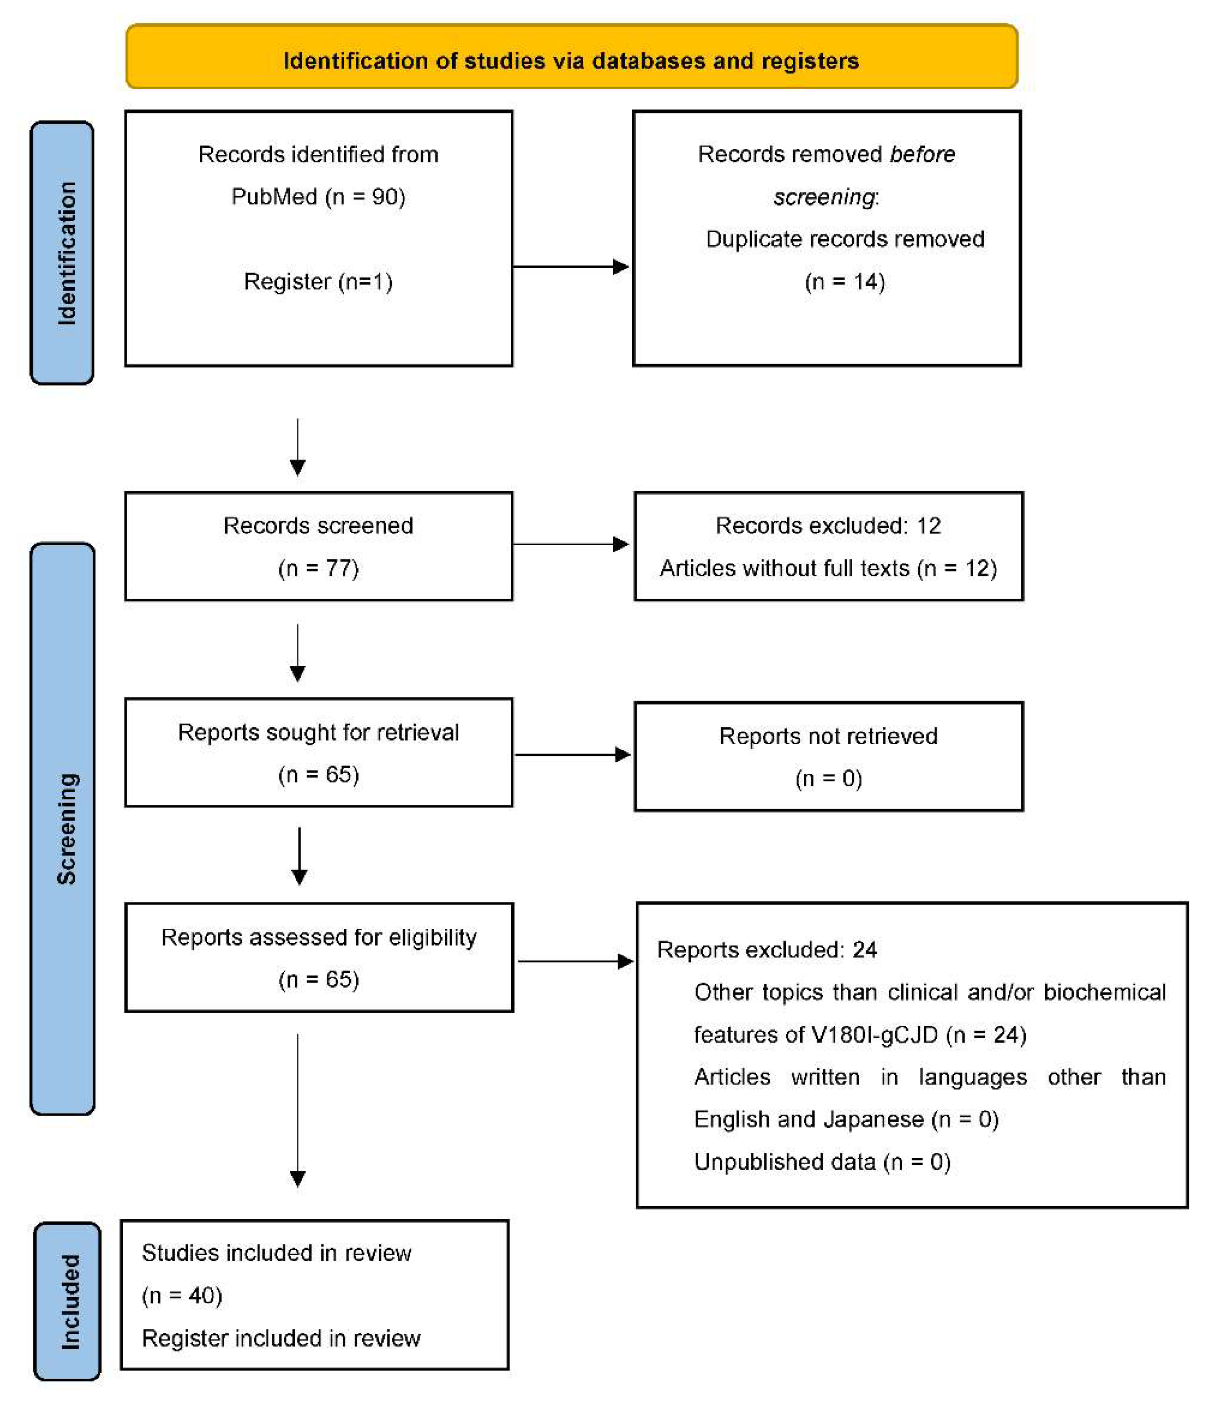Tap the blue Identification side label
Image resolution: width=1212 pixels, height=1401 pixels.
pos(62,253)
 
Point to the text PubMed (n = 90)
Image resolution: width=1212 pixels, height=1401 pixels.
pos(318,197)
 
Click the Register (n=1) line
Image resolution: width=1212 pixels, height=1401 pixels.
pos(318,281)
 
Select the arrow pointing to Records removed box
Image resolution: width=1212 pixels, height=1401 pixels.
pos(571,266)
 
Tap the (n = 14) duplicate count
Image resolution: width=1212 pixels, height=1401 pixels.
pos(845,281)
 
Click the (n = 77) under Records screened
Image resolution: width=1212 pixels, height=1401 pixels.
pos(318,568)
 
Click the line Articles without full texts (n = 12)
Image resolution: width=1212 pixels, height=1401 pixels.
pos(828,568)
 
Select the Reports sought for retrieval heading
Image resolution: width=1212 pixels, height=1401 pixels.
pos(318,732)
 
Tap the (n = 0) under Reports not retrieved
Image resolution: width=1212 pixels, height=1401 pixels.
pos(828,778)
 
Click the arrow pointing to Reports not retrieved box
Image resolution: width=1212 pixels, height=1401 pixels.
pos(573,755)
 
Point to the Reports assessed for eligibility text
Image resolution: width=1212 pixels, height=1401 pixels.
pos(319,937)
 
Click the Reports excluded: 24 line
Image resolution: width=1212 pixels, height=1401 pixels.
pos(766,950)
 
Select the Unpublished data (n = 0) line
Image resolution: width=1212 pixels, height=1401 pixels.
pos(822,1162)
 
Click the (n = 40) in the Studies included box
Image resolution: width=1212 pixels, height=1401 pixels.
pos(182,1295)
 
